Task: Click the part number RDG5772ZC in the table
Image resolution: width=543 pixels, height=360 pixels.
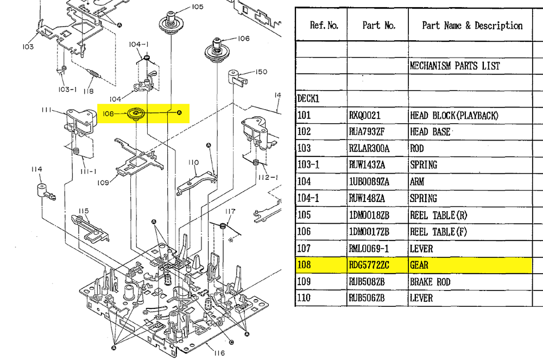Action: pos(369,266)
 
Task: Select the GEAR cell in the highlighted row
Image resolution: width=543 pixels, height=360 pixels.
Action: pos(419,266)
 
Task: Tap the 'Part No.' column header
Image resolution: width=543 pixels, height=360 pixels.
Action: pos(379,25)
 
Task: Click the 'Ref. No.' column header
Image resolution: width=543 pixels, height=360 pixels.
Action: pos(324,25)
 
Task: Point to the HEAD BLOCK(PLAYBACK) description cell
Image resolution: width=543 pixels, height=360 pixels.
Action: pos(454,116)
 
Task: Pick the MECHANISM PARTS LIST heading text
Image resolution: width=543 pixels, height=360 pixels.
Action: pos(454,66)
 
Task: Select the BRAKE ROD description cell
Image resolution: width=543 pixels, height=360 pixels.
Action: pos(430,282)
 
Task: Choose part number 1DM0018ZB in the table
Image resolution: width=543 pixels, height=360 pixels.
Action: pos(369,216)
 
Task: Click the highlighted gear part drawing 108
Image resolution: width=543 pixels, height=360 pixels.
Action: pos(135,113)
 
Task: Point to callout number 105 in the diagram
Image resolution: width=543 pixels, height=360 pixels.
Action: pos(197,7)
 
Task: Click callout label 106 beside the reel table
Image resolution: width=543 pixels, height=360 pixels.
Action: pos(243,39)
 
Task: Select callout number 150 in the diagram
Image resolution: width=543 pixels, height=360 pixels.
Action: pos(262,72)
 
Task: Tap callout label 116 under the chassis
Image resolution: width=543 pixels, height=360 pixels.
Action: pos(219,353)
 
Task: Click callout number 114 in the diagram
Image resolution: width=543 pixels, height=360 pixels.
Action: pos(36,170)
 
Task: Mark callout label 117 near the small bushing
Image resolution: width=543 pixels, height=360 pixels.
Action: pos(231,211)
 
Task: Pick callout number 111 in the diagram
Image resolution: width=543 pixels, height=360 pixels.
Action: pos(46,110)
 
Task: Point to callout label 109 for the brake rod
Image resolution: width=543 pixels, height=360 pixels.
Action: pos(104,182)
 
